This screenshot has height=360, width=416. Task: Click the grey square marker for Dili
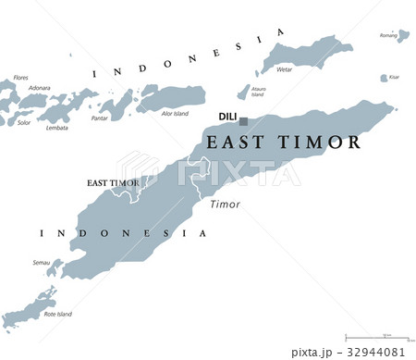[x=244, y=121]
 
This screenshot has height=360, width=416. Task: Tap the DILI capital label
[x=226, y=117]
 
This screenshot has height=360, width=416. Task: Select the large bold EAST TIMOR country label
[x=283, y=143]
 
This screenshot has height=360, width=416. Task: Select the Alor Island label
[x=175, y=114]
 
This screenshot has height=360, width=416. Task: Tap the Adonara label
[x=39, y=88]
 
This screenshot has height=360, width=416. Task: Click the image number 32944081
[x=375, y=352]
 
